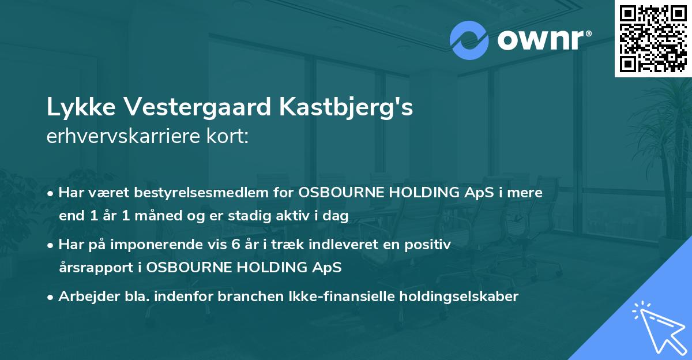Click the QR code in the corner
click(653, 38)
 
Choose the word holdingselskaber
click(456, 297)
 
